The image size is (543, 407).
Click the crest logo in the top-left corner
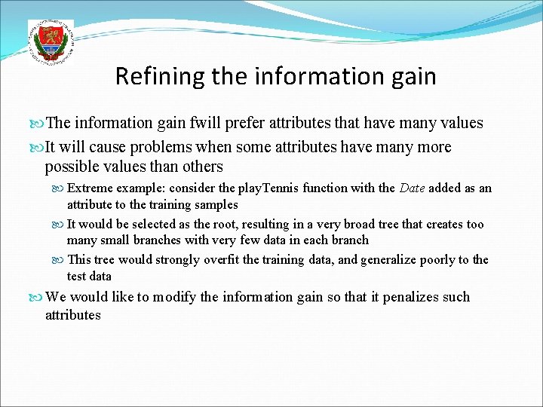(x=51, y=41)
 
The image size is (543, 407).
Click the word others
(x=204, y=167)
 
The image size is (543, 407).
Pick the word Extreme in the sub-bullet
(x=90, y=188)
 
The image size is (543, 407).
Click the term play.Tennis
(x=268, y=188)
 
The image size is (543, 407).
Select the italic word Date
(x=412, y=188)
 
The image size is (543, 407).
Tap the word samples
(x=216, y=204)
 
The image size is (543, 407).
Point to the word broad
(x=358, y=224)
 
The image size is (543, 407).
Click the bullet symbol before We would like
(x=39, y=297)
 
